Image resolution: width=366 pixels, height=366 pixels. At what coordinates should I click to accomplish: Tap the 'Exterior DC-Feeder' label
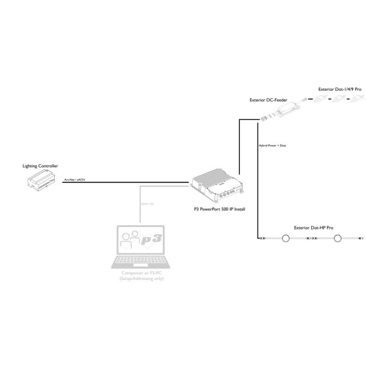268,99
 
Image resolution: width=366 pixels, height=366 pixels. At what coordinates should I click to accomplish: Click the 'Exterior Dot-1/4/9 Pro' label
340,89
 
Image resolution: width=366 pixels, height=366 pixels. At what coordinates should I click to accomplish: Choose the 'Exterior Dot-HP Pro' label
314,228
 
